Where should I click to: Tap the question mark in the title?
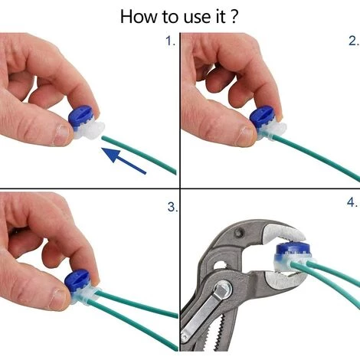(x=234, y=17)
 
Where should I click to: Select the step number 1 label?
(x=170, y=41)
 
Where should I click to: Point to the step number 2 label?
(x=353, y=41)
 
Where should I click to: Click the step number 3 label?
(x=172, y=207)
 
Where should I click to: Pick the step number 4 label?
(x=352, y=202)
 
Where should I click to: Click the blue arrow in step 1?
(x=123, y=161)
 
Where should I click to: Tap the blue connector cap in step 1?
(x=81, y=118)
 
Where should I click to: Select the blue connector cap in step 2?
(x=262, y=118)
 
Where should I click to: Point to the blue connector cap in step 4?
(x=293, y=251)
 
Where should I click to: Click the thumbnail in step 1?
(x=62, y=135)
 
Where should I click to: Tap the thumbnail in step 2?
(x=245, y=136)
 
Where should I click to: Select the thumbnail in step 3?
(x=59, y=299)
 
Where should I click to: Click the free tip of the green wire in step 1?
(x=103, y=138)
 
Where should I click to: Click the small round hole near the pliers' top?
(x=240, y=232)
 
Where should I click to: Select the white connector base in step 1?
(x=90, y=130)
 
